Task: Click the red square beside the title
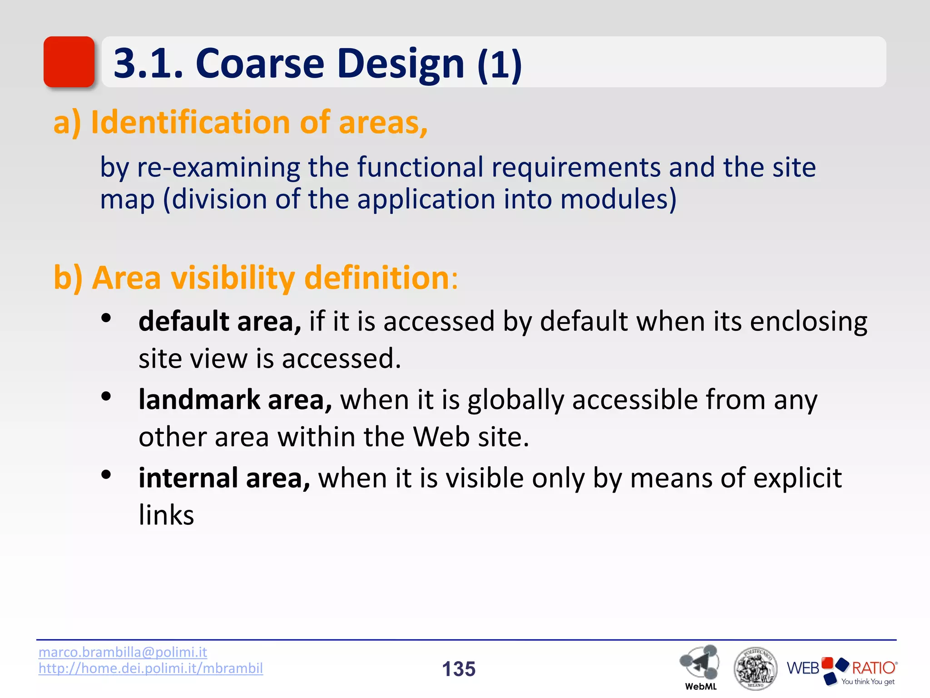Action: point(69,62)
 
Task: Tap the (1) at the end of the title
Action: point(500,64)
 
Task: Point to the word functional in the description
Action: point(420,167)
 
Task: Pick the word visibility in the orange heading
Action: point(233,278)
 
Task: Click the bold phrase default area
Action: point(220,321)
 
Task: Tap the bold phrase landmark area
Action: point(235,400)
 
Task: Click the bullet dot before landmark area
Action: point(106,397)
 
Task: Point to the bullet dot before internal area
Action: point(106,475)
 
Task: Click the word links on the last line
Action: point(166,515)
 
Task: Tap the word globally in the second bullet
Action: point(516,400)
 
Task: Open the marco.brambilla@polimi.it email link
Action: point(123,652)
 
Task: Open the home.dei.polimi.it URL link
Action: point(151,668)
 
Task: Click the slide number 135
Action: point(459,669)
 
